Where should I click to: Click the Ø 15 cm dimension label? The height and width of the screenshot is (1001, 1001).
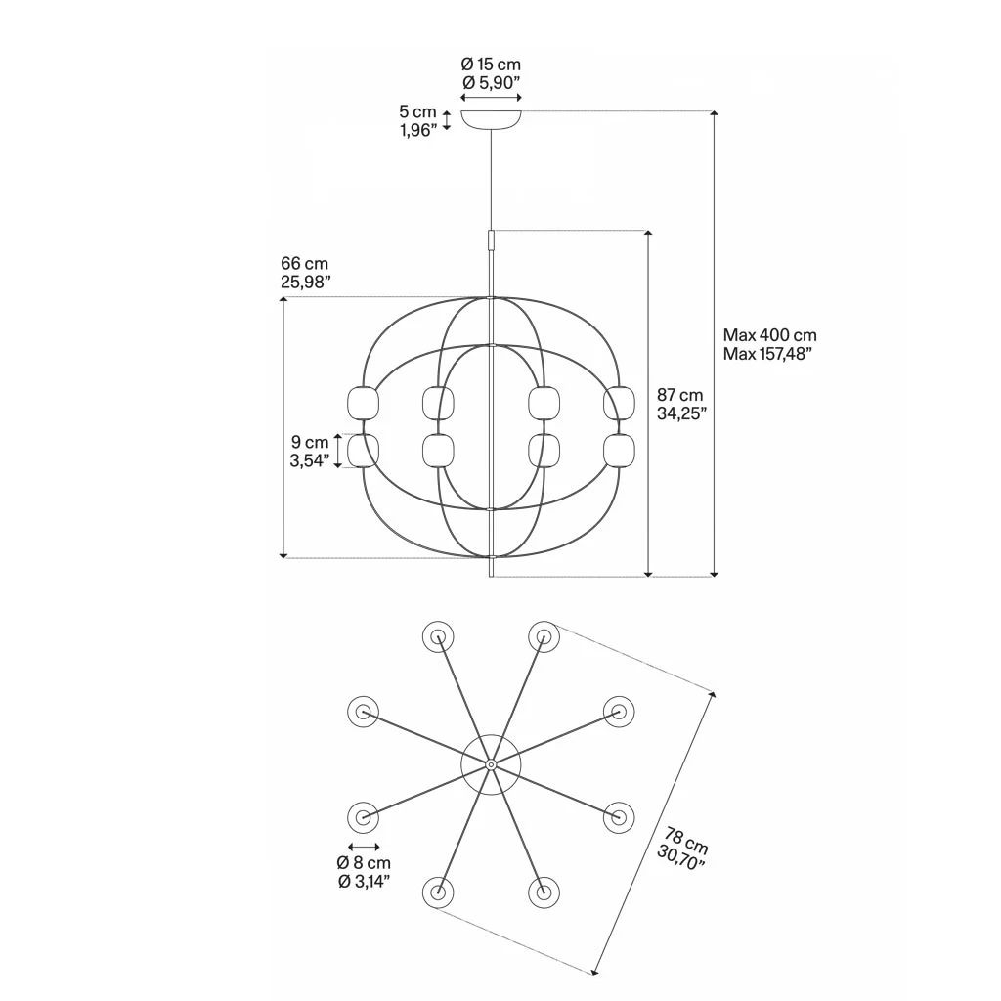coord(491,65)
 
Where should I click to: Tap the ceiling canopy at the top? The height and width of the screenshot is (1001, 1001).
coord(491,118)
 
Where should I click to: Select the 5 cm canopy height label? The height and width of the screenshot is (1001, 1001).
coord(417,112)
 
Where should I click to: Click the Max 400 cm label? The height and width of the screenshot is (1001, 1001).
coord(770,335)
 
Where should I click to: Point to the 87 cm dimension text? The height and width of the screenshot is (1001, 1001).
coord(679,395)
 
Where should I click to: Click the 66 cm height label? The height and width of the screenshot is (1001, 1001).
coord(304,264)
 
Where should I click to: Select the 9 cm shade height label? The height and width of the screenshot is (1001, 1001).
coord(309,443)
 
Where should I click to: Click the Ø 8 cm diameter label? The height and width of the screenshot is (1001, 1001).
coord(364,863)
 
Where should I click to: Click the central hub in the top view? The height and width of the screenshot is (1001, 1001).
coord(491,763)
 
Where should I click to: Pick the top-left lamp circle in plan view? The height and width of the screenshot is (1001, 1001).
coord(439,637)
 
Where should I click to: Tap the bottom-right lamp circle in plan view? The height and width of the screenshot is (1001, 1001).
coord(543,892)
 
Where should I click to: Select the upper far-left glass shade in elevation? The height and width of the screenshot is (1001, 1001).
coord(364,402)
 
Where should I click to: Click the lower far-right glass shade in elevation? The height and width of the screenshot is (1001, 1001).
coord(619,451)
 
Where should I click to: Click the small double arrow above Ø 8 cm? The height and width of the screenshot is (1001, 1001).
coord(364,847)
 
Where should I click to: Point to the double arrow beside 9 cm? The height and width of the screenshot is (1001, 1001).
coord(339,451)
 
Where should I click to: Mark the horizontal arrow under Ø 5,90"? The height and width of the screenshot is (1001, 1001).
coord(491,98)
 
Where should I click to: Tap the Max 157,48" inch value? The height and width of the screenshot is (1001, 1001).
coord(769,353)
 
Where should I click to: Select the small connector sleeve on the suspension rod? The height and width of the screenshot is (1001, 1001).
coord(491,239)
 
